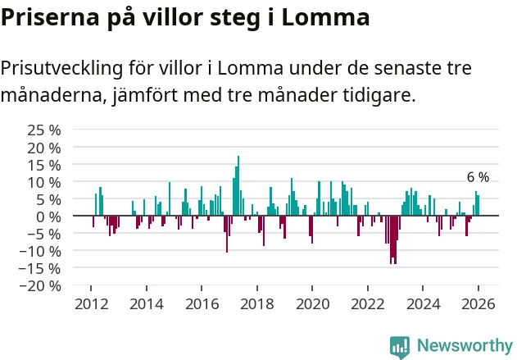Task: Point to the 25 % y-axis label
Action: pos(44,130)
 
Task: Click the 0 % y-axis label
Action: pos(49,216)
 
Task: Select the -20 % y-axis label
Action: pos(41,286)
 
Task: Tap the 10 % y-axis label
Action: pos(44,182)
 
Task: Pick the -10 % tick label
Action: pos(41,251)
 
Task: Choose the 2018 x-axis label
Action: pos(256,304)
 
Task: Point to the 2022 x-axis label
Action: pos(367,304)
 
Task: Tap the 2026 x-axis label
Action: pos(478,304)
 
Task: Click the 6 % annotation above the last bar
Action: pos(478,177)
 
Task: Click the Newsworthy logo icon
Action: pos(400,345)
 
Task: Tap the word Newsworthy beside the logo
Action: pos(464,345)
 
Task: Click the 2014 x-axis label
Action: pos(146,304)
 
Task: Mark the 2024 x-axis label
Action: pos(423,304)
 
